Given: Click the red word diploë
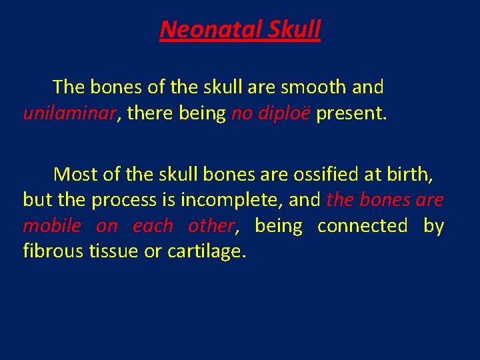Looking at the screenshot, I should pyautogui.click(x=285, y=113).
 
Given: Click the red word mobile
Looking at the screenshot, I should pyautogui.click(x=51, y=226).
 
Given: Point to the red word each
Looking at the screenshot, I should pyautogui.click(x=153, y=226).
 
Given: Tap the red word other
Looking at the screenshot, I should pyautogui.click(x=211, y=226).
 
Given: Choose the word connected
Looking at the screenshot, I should pyautogui.click(x=362, y=226).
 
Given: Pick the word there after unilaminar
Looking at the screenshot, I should pyautogui.click(x=149, y=113).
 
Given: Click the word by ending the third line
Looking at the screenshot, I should pyautogui.click(x=433, y=226).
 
